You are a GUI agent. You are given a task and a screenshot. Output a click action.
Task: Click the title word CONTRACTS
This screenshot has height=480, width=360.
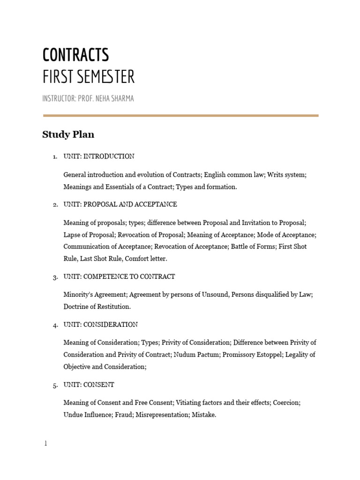(75, 55)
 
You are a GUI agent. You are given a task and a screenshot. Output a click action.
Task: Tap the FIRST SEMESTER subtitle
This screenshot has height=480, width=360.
(88, 77)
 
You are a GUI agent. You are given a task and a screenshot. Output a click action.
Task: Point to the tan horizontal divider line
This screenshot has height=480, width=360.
(180, 115)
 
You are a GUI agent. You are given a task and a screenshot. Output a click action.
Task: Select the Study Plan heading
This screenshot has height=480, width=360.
(68, 135)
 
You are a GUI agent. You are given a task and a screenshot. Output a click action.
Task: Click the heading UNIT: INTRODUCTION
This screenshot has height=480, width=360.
(99, 157)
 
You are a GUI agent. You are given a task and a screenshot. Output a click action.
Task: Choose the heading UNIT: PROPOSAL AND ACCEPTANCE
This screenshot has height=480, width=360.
(120, 204)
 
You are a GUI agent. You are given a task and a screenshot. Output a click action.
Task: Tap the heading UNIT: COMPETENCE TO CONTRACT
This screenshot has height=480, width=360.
(119, 277)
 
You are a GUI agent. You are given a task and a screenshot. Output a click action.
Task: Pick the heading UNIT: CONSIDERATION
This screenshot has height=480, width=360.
(100, 324)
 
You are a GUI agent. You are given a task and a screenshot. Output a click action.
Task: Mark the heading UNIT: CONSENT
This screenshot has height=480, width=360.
(89, 385)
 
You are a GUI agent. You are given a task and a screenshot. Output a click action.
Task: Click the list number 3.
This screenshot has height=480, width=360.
(55, 277)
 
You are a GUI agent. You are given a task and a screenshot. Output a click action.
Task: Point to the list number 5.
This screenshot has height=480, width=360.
(55, 385)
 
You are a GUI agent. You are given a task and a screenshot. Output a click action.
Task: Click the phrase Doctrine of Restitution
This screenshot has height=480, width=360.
(97, 307)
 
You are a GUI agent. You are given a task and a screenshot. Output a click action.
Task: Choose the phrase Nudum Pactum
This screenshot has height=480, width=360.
(195, 355)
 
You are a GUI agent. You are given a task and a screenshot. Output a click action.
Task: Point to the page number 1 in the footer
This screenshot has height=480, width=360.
(45, 443)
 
